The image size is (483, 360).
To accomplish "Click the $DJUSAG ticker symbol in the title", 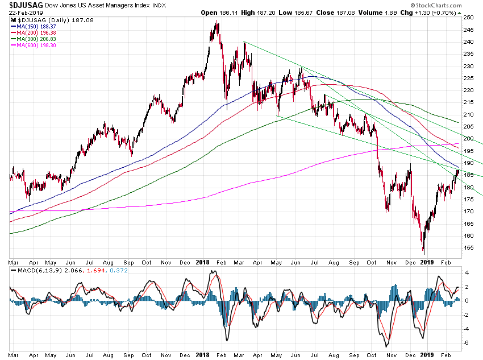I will point(22,4).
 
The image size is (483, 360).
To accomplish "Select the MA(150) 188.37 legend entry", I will point(35,26).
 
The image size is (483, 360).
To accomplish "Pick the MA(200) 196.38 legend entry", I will point(35,32).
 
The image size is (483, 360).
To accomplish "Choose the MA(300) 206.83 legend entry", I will point(35,38).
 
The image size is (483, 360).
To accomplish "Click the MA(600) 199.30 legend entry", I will point(35,44).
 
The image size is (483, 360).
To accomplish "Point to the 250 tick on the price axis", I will point(469,18).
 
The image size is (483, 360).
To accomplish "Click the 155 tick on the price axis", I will point(469,248).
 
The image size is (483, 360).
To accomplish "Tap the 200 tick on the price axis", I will point(469,139).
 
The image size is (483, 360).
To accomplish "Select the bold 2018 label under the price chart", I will point(203,262).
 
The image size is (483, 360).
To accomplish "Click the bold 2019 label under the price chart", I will point(426,262).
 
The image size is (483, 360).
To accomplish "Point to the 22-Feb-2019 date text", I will point(22,12).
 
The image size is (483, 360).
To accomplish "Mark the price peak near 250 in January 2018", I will point(216,21).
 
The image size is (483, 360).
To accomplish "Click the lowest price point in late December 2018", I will point(423,252).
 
